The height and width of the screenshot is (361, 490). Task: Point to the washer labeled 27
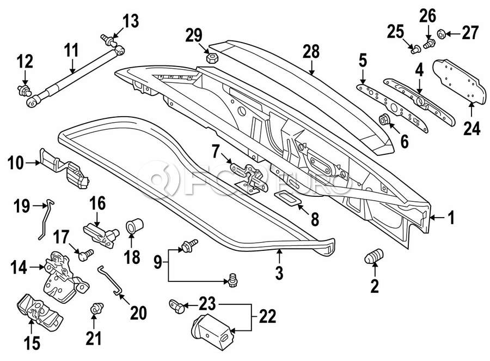click(x=442, y=34)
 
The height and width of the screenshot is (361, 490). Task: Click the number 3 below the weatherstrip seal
click(x=279, y=272)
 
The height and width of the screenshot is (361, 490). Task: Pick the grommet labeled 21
click(x=96, y=308)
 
